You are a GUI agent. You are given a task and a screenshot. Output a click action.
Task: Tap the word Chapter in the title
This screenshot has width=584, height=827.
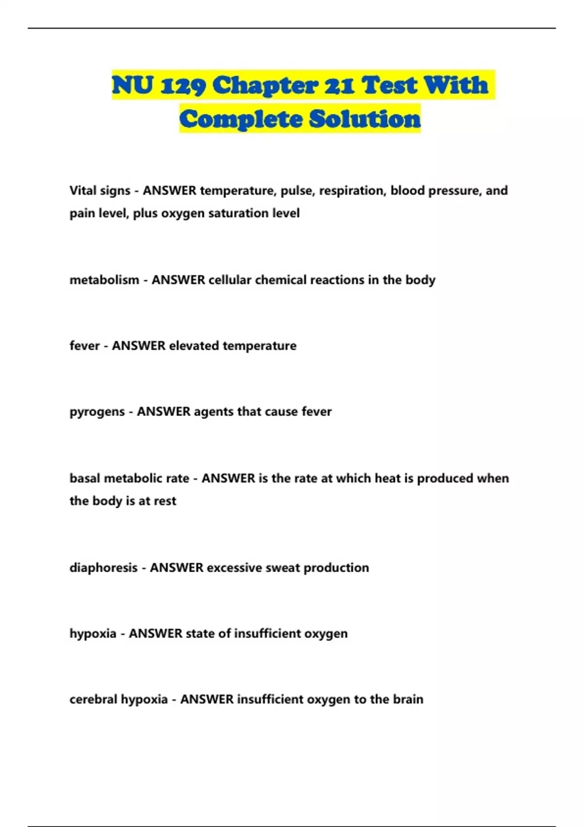pyautogui.click(x=266, y=86)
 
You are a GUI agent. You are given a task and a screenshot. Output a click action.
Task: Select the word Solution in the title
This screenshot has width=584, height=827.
pyautogui.click(x=365, y=119)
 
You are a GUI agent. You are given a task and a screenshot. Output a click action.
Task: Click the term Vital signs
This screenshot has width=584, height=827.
pyautogui.click(x=100, y=190)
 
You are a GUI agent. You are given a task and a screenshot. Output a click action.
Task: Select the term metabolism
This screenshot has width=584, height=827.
pyautogui.click(x=104, y=280)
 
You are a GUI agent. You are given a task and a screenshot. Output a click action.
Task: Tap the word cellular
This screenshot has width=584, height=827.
pyautogui.click(x=230, y=280)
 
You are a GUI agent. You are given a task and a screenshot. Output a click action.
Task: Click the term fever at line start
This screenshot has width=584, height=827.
pyautogui.click(x=84, y=345)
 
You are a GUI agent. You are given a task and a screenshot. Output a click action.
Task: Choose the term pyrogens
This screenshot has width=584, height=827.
pyautogui.click(x=97, y=412)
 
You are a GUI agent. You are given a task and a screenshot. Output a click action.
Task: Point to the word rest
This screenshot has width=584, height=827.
pyautogui.click(x=165, y=501)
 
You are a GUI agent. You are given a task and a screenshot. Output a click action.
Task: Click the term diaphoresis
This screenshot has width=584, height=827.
pyautogui.click(x=103, y=568)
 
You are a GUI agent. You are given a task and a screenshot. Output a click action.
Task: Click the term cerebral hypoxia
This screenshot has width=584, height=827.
pyautogui.click(x=118, y=699)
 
